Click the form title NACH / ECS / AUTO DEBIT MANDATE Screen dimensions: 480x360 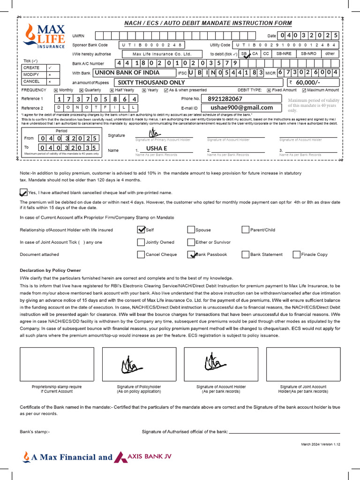[208, 23]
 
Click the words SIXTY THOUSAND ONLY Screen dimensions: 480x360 [151, 82]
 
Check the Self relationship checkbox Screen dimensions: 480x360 [141, 230]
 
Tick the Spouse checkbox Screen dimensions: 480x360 [191, 230]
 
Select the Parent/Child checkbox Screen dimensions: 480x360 [246, 230]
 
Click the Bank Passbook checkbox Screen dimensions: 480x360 [191, 255]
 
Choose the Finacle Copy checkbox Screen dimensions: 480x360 [297, 255]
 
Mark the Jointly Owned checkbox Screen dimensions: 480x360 [141, 242]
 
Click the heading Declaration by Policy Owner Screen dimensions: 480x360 [50, 270]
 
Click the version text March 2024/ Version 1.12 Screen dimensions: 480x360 [320, 443]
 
